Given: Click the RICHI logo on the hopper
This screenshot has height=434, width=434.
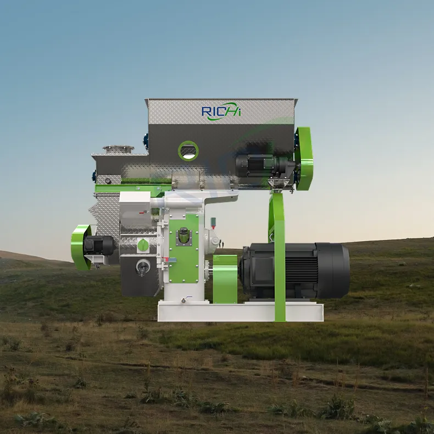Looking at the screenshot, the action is click(x=221, y=112).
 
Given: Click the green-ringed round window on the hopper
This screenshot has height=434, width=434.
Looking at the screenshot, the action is click(x=188, y=151).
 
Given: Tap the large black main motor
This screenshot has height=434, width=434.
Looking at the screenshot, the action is click(x=294, y=271).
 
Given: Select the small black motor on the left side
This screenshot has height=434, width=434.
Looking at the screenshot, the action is click(x=99, y=245).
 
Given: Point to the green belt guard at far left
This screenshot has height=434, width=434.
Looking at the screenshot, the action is click(x=81, y=247).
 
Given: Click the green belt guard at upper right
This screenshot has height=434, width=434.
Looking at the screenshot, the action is click(x=304, y=159).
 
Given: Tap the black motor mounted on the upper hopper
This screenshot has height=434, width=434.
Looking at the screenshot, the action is click(x=265, y=165).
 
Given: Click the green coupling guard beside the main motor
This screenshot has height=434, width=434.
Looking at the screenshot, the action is click(x=225, y=279).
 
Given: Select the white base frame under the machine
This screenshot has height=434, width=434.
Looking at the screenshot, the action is click(x=240, y=311).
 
